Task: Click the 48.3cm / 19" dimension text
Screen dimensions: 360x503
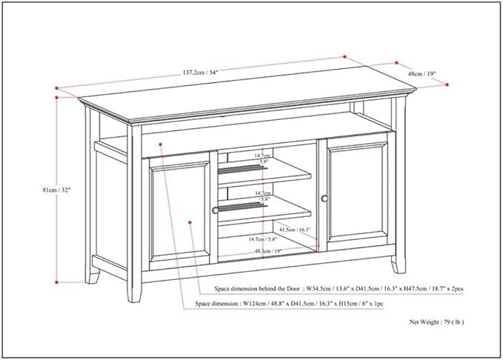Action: coord(268,252)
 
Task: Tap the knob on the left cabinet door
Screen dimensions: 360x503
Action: coord(216,210)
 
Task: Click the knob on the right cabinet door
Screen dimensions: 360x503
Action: coord(324,199)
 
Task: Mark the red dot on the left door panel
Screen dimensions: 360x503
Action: coord(190,221)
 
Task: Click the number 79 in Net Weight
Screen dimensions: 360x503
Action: coord(447,322)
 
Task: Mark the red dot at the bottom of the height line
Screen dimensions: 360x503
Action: coord(56,282)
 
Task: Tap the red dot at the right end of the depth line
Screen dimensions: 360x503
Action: coord(447,85)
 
